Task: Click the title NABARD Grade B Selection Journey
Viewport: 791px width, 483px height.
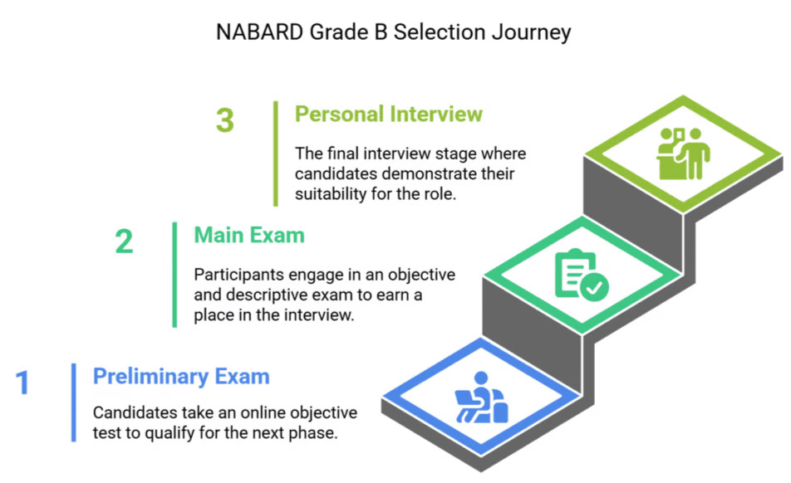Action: [x=393, y=32]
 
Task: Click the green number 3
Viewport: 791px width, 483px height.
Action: [x=225, y=121]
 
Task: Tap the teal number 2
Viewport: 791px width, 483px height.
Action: [x=124, y=242]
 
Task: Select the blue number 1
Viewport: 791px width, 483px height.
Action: [x=22, y=383]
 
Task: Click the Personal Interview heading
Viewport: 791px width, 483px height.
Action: [x=388, y=114]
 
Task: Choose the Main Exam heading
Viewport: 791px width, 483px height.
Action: [x=249, y=235]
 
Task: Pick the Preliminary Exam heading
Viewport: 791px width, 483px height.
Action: [x=181, y=376]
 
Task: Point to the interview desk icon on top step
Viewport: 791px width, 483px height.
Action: [x=683, y=153]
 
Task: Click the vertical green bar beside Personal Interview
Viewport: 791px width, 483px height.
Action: [x=275, y=154]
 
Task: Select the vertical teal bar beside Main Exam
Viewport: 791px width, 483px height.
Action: [x=174, y=275]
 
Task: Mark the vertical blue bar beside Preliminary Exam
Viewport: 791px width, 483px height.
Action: [x=73, y=402]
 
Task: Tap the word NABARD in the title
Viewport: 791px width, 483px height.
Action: [x=255, y=32]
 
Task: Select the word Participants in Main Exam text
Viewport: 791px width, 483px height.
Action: [x=234, y=275]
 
